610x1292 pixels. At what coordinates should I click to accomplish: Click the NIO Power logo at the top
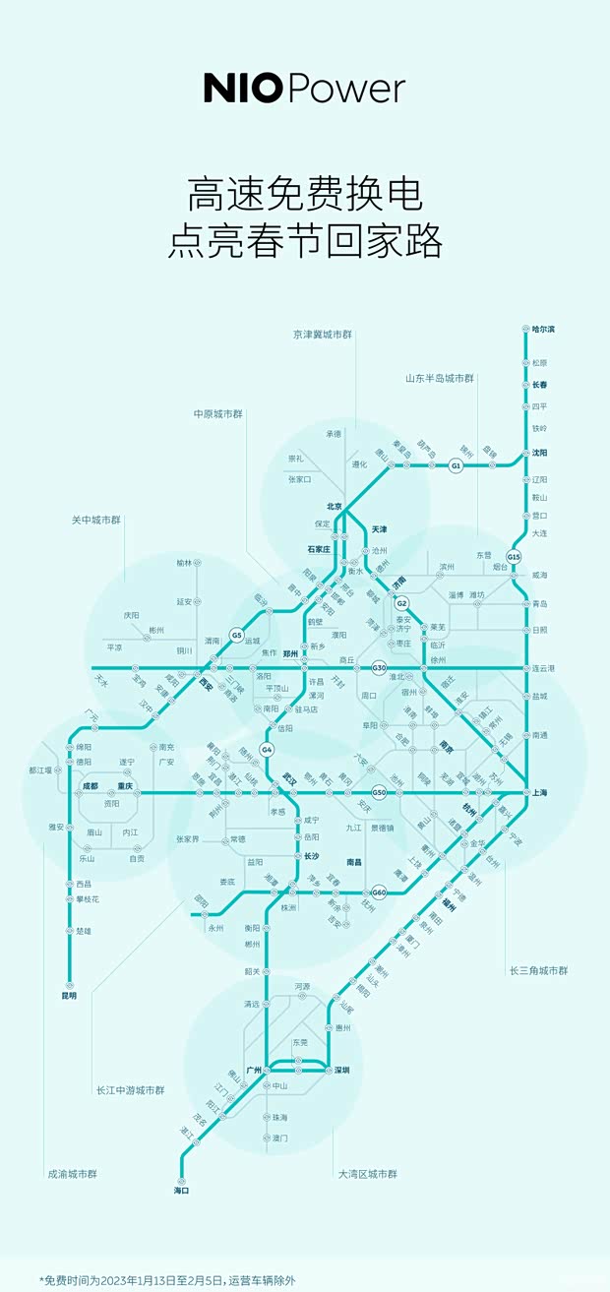pyautogui.click(x=304, y=89)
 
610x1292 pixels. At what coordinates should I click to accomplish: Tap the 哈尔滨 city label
pyautogui.click(x=544, y=329)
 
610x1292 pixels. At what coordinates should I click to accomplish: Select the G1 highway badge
pyautogui.click(x=456, y=465)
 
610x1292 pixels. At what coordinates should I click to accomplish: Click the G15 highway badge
pyautogui.click(x=514, y=556)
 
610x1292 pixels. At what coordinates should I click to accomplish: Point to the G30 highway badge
pyautogui.click(x=380, y=668)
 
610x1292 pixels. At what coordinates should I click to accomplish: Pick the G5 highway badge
pyautogui.click(x=237, y=636)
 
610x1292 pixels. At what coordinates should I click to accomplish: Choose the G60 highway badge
pyautogui.click(x=380, y=892)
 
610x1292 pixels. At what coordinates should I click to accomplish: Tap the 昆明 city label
pyautogui.click(x=68, y=996)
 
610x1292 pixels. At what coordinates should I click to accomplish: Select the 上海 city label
pyautogui.click(x=540, y=792)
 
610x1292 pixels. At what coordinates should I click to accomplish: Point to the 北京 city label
pyautogui.click(x=334, y=507)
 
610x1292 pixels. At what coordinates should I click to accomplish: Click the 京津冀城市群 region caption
pyautogui.click(x=322, y=335)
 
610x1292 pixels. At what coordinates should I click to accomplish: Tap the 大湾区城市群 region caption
pyautogui.click(x=368, y=1174)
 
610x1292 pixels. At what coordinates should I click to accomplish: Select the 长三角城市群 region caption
pyautogui.click(x=538, y=971)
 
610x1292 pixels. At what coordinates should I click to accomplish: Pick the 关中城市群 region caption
pyautogui.click(x=95, y=520)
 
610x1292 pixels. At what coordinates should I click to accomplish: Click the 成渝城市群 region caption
pyautogui.click(x=72, y=1174)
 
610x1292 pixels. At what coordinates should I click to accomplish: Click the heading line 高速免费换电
pyautogui.click(x=305, y=195)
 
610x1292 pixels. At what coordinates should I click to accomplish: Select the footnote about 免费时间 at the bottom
pyautogui.click(x=167, y=1280)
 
